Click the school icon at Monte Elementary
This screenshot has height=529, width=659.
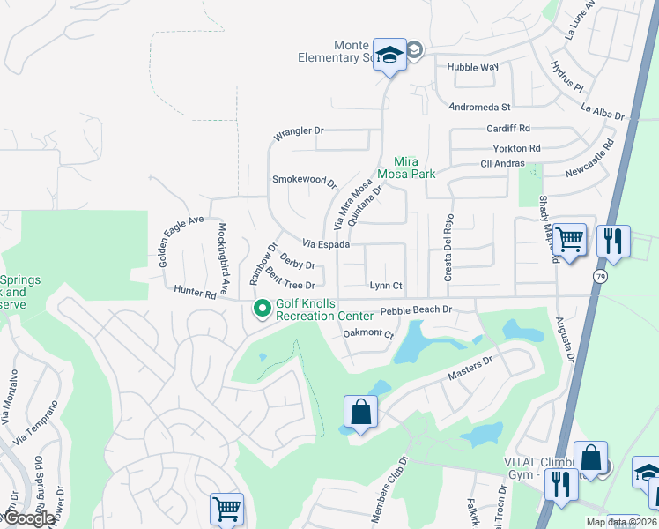pos(389,56)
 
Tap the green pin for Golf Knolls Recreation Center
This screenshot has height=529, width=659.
pos(262,309)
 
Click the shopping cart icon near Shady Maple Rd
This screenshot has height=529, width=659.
pos(570,237)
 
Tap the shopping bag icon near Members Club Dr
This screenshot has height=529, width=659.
pos(360,412)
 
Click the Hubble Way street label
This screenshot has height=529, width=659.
pos(472,67)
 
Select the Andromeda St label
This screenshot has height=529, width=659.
pos(480,107)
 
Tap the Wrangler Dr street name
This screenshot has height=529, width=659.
pos(299,131)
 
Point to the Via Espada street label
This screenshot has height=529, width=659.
pos(327,243)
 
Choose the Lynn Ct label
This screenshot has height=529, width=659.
pos(386,286)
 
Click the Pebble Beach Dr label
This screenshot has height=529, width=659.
pos(415,310)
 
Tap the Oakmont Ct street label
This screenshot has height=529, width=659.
pos(367,332)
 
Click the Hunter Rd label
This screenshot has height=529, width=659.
pos(195,291)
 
